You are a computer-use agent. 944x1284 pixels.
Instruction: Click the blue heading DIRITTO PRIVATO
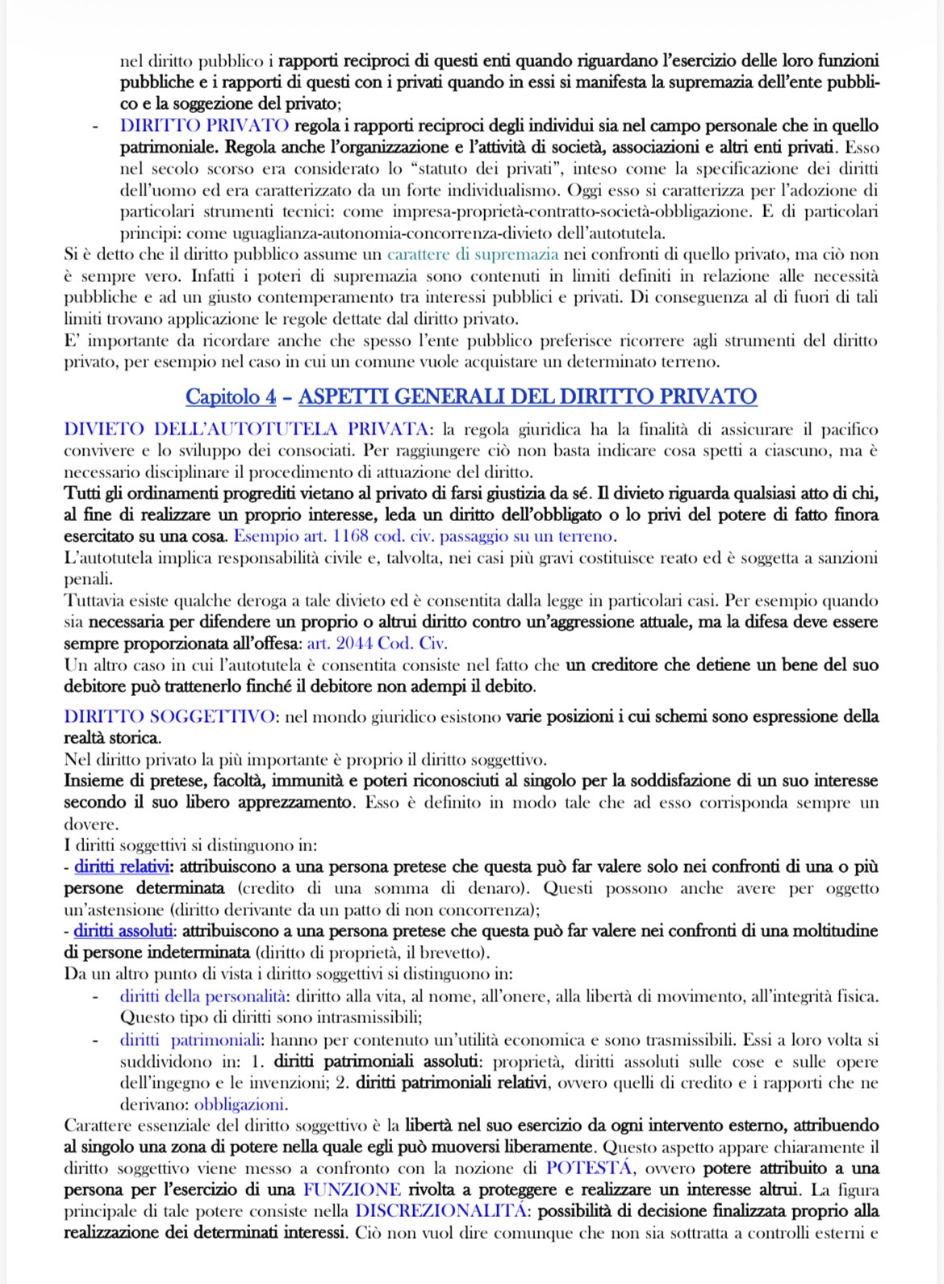pos(204,126)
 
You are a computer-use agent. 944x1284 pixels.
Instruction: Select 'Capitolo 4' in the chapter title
pos(231,397)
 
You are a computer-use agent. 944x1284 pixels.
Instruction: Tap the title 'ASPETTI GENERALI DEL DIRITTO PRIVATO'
pos(528,397)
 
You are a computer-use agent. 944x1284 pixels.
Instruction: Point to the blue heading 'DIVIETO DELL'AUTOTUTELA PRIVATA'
pos(246,429)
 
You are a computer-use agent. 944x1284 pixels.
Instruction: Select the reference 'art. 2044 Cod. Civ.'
pos(377,644)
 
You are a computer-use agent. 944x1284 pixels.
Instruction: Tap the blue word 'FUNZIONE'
pos(352,1190)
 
